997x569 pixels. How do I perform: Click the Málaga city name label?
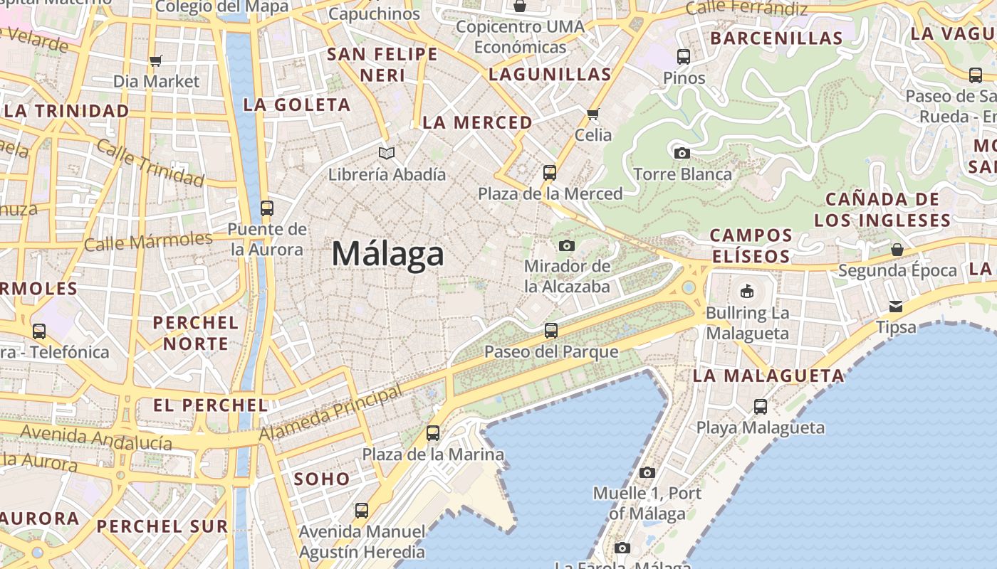click(x=388, y=254)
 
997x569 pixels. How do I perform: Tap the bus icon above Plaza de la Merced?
click(x=549, y=172)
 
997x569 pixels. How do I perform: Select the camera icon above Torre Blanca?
click(x=682, y=153)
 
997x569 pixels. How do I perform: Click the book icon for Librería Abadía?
click(x=387, y=153)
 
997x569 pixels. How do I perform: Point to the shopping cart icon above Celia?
click(x=593, y=114)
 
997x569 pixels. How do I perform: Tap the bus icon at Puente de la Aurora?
click(x=267, y=208)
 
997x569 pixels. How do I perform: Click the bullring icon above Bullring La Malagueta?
click(x=746, y=291)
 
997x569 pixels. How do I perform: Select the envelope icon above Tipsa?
click(x=896, y=307)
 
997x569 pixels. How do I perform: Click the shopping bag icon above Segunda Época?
click(x=897, y=250)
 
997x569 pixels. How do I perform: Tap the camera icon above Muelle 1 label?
click(x=647, y=472)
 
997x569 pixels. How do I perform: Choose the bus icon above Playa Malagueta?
click(x=761, y=407)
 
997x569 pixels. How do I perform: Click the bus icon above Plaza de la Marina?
click(x=433, y=432)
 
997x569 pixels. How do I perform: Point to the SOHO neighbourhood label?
click(x=322, y=479)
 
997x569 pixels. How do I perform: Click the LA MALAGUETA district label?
click(x=768, y=376)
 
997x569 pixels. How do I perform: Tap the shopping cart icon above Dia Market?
click(x=156, y=60)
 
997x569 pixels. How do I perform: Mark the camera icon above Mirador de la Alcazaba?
click(x=567, y=245)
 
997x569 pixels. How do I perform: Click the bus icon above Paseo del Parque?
click(x=551, y=330)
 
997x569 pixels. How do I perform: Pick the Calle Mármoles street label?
click(x=148, y=241)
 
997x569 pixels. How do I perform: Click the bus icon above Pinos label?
click(x=684, y=56)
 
